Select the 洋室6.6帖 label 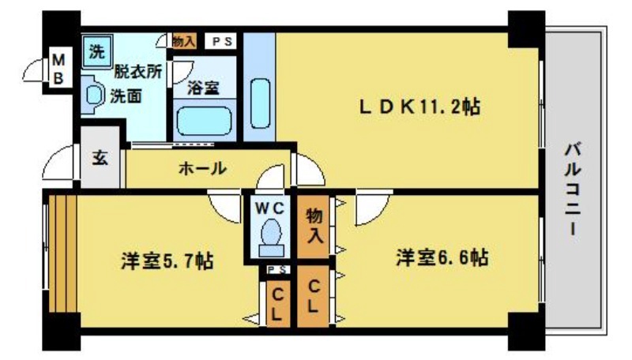pos(442,257)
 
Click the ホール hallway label pos(203,168)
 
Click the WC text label pos(270,208)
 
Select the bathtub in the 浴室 pos(205,122)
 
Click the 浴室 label pos(204,88)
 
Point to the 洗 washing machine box pos(96,53)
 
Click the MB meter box pos(60,69)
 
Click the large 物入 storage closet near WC pos(314,224)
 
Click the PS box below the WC pos(276,270)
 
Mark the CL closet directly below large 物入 pos(313,297)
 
